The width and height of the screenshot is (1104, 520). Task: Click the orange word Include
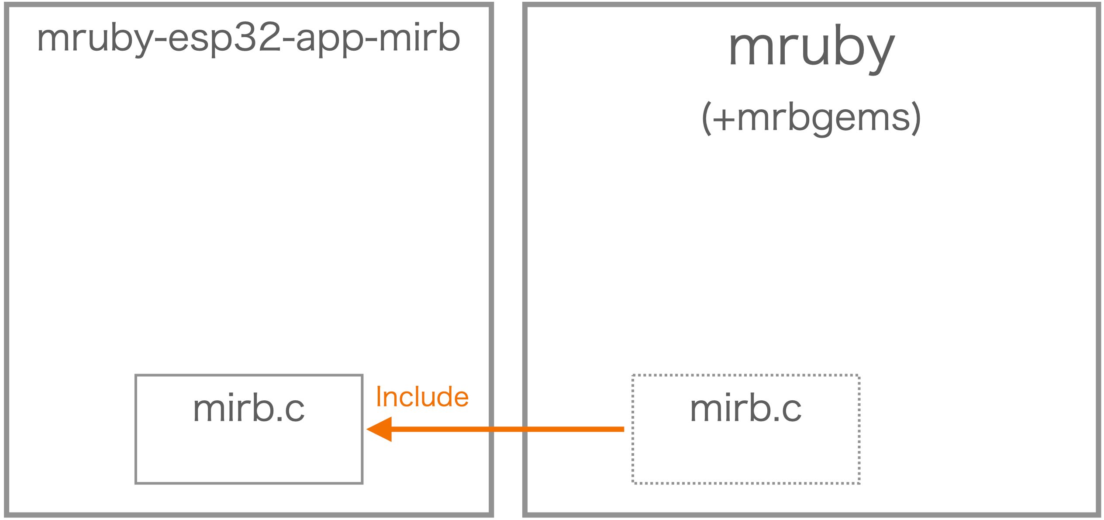point(422,397)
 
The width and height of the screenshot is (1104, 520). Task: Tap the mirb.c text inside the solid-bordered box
point(248,408)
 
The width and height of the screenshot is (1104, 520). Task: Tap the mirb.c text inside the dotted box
point(745,408)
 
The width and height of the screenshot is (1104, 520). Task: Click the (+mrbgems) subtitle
point(811,118)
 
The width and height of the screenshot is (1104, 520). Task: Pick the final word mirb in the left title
point(419,38)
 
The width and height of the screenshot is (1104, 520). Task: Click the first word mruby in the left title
point(94,39)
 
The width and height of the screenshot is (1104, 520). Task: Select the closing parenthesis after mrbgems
point(916,118)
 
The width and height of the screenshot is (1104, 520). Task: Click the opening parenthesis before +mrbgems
point(706,118)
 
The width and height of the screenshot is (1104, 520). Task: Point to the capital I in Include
point(379,397)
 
